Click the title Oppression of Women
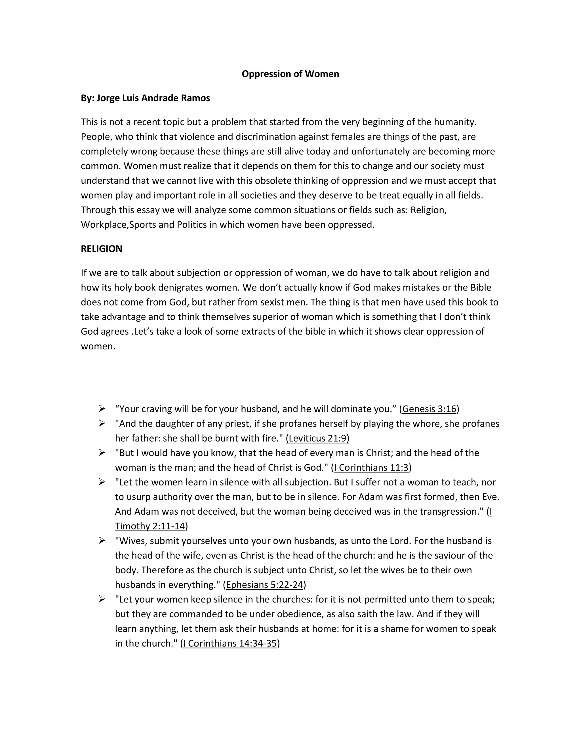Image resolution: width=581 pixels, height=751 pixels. [290, 74]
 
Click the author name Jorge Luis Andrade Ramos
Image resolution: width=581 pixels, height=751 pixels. [153, 98]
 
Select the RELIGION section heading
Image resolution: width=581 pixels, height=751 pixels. [101, 249]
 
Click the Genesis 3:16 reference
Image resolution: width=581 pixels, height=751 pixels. [429, 409]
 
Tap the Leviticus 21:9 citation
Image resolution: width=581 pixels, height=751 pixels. [317, 438]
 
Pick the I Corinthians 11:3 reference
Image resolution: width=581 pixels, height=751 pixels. [371, 467]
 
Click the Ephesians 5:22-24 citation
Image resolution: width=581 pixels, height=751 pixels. [264, 585]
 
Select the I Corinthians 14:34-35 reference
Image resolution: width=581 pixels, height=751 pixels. [230, 643]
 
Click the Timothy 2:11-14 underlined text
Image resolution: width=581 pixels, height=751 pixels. [150, 526]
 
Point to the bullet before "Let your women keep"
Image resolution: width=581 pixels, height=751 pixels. [102, 599]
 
